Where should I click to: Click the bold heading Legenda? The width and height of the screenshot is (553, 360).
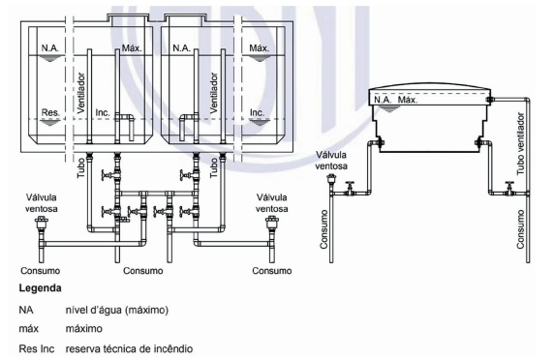click(41, 288)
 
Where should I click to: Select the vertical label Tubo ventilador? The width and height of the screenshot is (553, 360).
click(520, 144)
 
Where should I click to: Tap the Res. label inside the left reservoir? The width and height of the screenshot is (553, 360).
click(50, 112)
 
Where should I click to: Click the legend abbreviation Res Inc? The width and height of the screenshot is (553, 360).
click(37, 348)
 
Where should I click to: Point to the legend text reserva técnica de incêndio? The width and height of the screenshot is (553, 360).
click(129, 348)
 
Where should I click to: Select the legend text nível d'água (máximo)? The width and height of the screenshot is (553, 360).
click(117, 310)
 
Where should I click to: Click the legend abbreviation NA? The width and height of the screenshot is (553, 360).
click(26, 310)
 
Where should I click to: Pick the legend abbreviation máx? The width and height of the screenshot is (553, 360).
click(28, 329)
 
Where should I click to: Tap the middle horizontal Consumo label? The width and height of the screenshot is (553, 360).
click(142, 271)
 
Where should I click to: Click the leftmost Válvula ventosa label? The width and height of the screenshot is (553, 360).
click(41, 203)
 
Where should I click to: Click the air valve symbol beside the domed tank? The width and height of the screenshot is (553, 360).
click(331, 181)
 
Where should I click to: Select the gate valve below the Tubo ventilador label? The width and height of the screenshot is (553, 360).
click(508, 188)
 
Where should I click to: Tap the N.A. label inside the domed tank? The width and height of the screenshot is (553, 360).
click(383, 100)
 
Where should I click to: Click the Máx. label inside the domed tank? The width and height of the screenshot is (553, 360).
click(408, 100)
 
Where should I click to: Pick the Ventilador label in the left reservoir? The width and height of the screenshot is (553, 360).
click(81, 93)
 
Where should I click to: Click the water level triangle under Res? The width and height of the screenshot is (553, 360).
click(50, 122)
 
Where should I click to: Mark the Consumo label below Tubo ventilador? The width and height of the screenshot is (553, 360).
click(520, 229)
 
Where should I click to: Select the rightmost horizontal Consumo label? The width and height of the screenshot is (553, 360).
click(272, 271)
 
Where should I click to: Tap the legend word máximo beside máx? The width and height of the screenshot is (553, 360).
click(84, 329)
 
